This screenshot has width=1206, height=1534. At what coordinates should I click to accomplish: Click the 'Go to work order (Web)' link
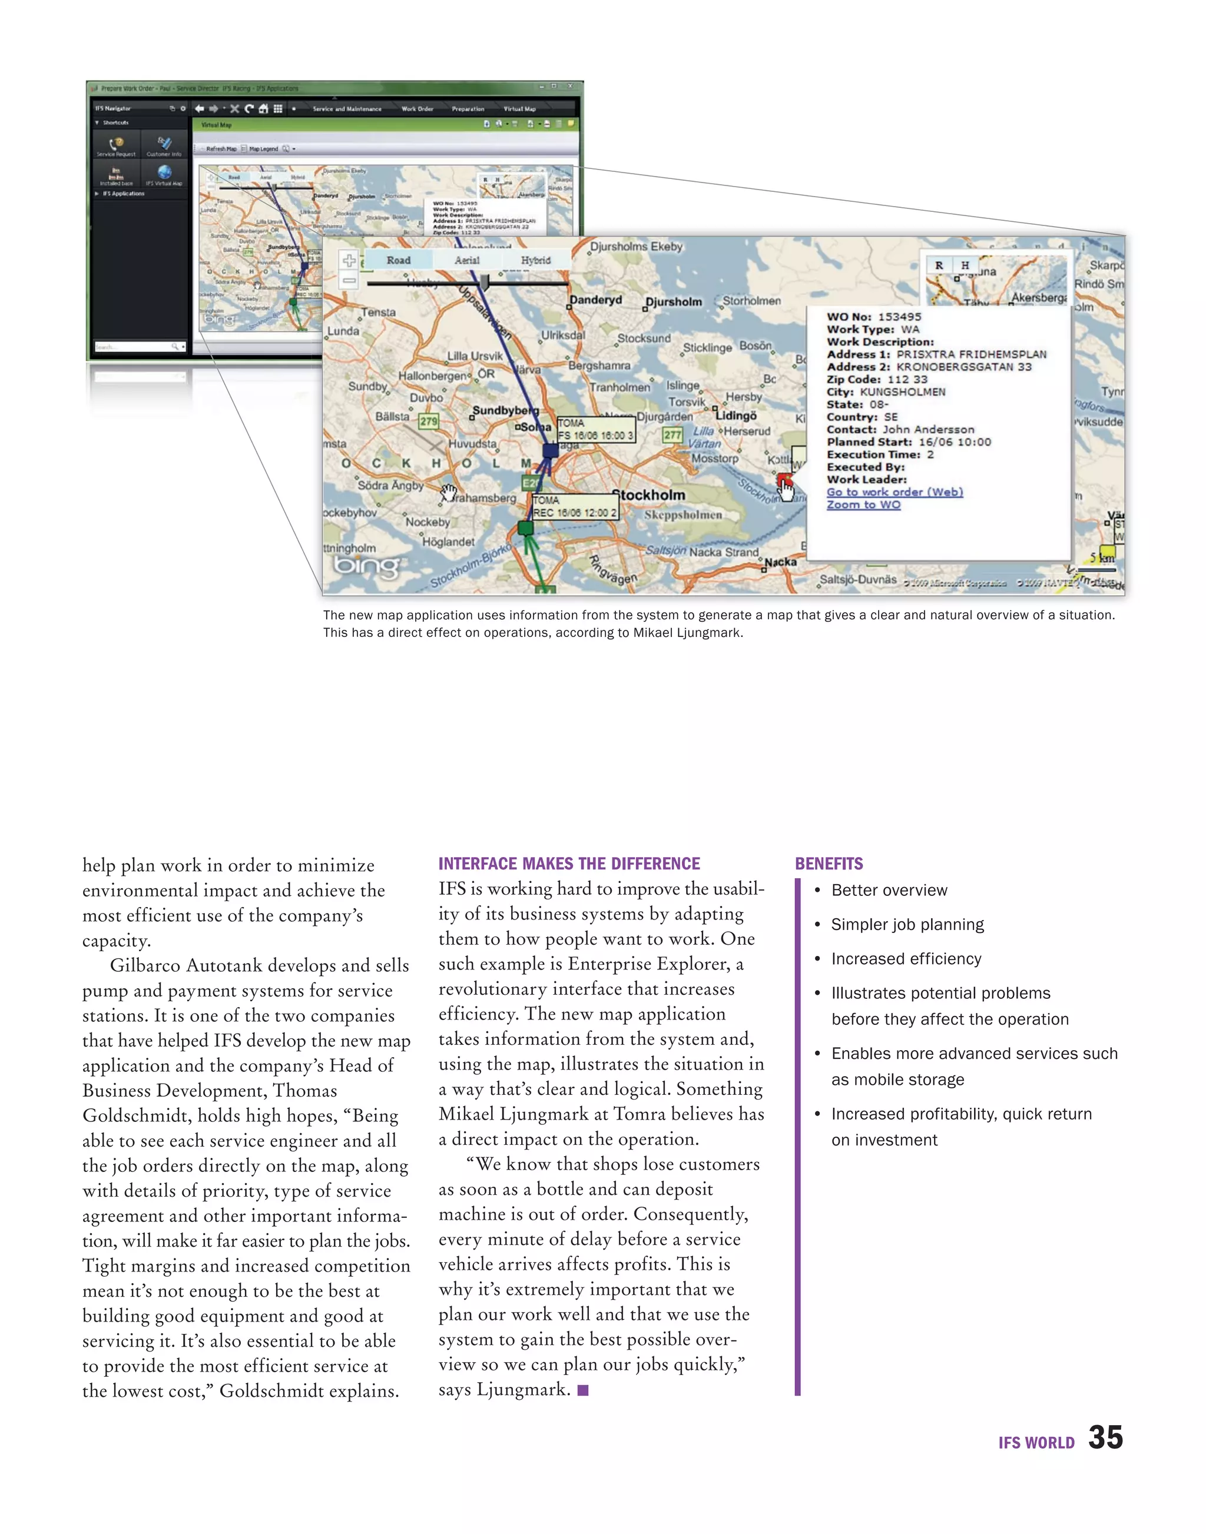pos(894,492)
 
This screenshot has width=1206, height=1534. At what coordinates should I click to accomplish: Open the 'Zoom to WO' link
pos(863,504)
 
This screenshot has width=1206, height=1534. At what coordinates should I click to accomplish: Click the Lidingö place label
pos(737,415)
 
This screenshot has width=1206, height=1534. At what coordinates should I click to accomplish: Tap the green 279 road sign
pos(429,421)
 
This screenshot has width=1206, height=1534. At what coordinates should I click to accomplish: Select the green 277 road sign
pos(672,435)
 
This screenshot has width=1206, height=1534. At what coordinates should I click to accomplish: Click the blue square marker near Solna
pos(550,450)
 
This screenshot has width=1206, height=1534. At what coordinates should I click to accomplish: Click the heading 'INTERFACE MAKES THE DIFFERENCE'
pos(569,864)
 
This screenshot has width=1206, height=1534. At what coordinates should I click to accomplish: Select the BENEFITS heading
pos(829,864)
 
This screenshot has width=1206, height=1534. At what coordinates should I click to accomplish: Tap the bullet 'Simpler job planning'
pos(907,924)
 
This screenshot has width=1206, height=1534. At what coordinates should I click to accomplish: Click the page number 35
pos(1105,1437)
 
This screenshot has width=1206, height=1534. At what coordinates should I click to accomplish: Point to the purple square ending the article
pos(583,1390)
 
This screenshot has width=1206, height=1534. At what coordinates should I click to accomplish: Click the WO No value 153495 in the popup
pos(900,317)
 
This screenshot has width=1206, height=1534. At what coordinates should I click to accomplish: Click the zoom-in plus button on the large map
pos(349,261)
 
